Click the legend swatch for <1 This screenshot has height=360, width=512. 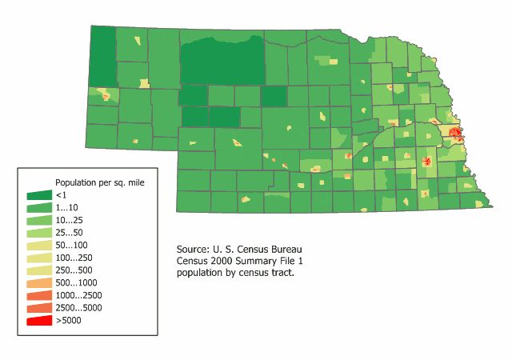pos(38,194)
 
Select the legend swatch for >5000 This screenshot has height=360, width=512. pos(38,320)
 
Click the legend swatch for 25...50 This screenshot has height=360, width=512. pos(38,232)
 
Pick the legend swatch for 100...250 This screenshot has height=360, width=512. pos(38,258)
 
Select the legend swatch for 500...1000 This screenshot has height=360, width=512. pos(38,282)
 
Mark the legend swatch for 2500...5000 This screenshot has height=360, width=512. pos(38,307)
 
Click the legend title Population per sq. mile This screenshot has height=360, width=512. pos(99,182)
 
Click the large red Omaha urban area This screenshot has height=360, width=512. pos(455,134)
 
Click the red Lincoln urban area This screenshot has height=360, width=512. pos(426,161)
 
